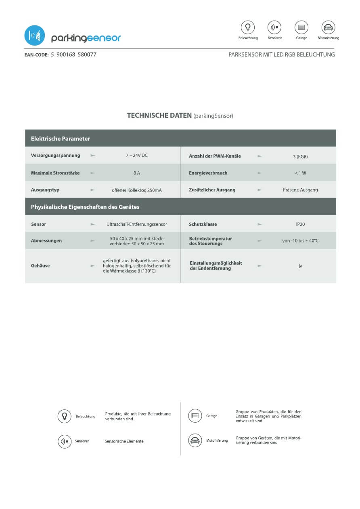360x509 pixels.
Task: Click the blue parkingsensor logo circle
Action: pos(35,35)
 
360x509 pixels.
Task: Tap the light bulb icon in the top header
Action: pos(248,27)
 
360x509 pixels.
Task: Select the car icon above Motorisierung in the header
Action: pos(328,27)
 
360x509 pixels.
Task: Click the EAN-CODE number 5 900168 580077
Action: pos(73,54)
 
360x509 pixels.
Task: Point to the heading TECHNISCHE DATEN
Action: pos(159,115)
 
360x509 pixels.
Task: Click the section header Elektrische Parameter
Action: pos(61,139)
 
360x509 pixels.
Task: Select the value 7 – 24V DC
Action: pos(137,155)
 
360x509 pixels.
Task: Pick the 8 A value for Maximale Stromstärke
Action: pos(137,173)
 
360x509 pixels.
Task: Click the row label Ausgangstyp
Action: pos(45,190)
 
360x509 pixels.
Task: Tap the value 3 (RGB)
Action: pos(300,156)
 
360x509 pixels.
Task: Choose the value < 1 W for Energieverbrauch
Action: pos(300,173)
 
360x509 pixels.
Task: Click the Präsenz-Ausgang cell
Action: pos(300,190)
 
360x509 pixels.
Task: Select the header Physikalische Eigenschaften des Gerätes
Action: pos(85,207)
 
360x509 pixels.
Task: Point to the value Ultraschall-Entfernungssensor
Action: pos(137,224)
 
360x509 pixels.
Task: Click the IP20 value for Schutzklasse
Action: pos(300,224)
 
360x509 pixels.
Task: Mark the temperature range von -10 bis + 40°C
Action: pos(300,241)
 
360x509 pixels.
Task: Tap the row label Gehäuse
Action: pos(40,266)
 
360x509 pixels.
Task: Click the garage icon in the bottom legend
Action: pos(195,416)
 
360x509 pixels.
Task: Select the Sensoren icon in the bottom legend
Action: pos(65,441)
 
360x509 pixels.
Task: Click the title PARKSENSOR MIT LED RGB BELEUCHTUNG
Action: pos(281,54)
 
